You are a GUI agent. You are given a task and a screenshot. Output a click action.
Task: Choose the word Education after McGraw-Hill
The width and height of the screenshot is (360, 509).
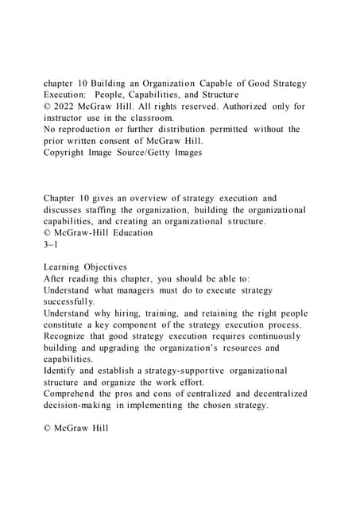pyautogui.click(x=130, y=233)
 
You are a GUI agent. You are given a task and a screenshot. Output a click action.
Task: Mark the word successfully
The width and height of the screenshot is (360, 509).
pyautogui.click(x=70, y=301)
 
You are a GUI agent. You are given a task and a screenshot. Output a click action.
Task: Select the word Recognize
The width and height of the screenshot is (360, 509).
pyautogui.click(x=69, y=336)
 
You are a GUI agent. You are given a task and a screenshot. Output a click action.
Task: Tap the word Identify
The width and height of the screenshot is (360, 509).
pyautogui.click(x=62, y=371)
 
